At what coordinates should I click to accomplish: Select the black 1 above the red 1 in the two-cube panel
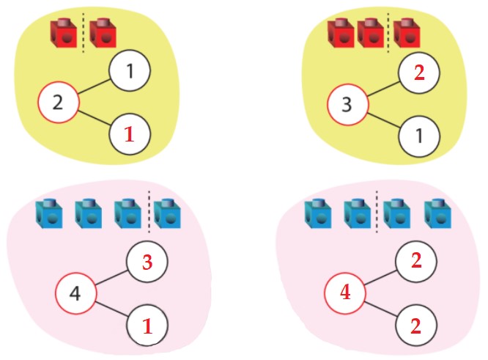tap(130, 73)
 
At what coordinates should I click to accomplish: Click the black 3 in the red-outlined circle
tap(347, 104)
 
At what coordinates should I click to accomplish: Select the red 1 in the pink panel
tap(147, 326)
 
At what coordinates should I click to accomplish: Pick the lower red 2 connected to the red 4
tap(416, 326)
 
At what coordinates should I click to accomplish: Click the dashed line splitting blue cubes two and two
tap(377, 210)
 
